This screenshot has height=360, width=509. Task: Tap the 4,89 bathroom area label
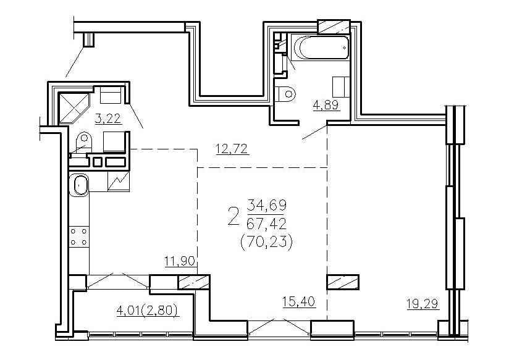[326, 105]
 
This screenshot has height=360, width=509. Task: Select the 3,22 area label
[108, 119]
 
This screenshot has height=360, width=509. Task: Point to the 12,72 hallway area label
[232, 149]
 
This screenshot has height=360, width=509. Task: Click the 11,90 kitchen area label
[180, 261]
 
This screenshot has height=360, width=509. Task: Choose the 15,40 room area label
[298, 301]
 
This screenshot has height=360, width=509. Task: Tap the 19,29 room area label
[423, 304]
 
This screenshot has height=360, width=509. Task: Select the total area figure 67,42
[266, 224]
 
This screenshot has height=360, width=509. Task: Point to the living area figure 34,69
[266, 205]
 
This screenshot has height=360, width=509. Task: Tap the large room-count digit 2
[233, 217]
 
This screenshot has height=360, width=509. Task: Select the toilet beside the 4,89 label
[285, 94]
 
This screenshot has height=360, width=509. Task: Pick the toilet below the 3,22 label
[83, 143]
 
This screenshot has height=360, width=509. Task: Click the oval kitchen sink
[79, 185]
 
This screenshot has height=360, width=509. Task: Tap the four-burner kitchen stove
[79, 237]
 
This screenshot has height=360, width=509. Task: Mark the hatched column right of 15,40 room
[343, 282]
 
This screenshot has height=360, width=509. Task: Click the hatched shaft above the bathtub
[334, 27]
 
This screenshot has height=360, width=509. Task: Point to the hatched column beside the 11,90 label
[194, 282]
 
